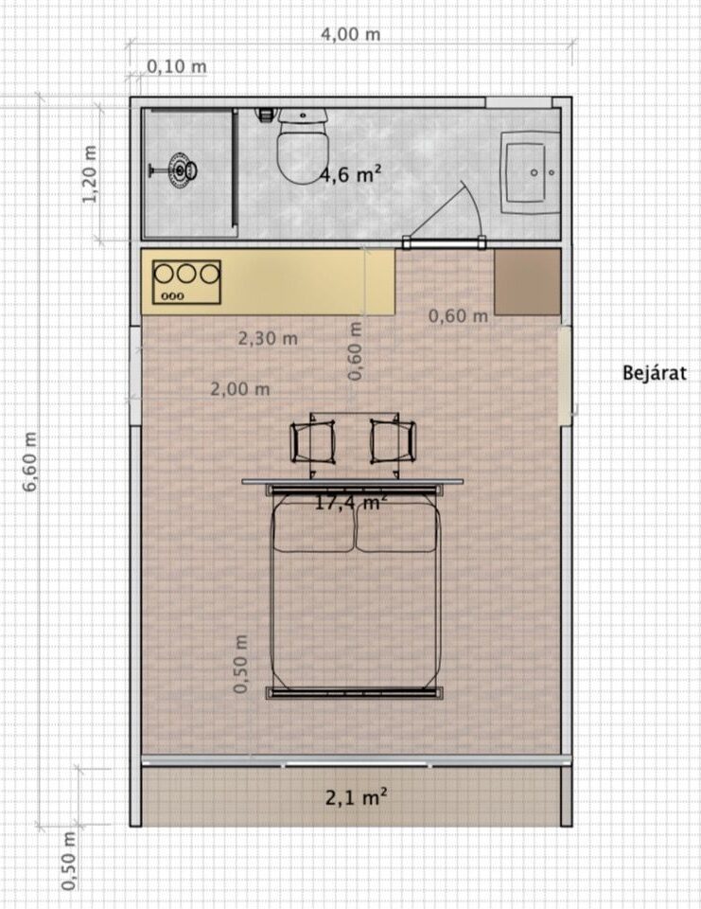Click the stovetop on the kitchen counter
(x=186, y=282)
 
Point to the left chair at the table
(x=313, y=442)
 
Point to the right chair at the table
(x=394, y=442)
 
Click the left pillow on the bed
(x=313, y=526)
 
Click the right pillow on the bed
(x=396, y=526)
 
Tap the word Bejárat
(x=654, y=372)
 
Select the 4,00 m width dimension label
(x=350, y=34)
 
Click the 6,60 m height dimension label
(x=29, y=461)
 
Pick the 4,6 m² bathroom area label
(x=350, y=173)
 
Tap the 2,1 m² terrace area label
(x=356, y=797)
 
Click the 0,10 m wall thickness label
(x=176, y=66)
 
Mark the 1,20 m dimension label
(x=89, y=174)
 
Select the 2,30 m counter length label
(x=268, y=338)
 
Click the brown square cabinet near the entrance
(x=527, y=282)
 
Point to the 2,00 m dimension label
(x=240, y=388)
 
